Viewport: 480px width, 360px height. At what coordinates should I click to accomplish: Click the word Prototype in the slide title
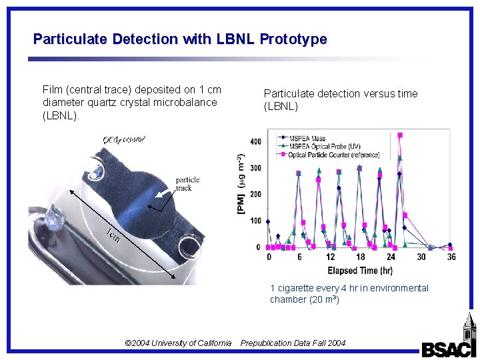click(x=293, y=39)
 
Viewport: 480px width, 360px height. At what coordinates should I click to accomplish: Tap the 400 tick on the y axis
click(x=255, y=141)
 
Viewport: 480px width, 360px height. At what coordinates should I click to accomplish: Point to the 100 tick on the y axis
click(x=255, y=221)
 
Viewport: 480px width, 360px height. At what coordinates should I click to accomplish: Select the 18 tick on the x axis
click(x=361, y=257)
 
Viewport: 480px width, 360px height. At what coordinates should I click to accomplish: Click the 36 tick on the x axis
click(x=451, y=257)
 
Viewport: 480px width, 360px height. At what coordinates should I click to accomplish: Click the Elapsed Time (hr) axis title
click(x=360, y=271)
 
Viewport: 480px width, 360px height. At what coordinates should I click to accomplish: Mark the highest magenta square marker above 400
click(x=400, y=135)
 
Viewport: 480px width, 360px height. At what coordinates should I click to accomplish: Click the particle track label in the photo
click(x=187, y=184)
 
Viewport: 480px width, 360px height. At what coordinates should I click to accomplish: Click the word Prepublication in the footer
click(x=266, y=343)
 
